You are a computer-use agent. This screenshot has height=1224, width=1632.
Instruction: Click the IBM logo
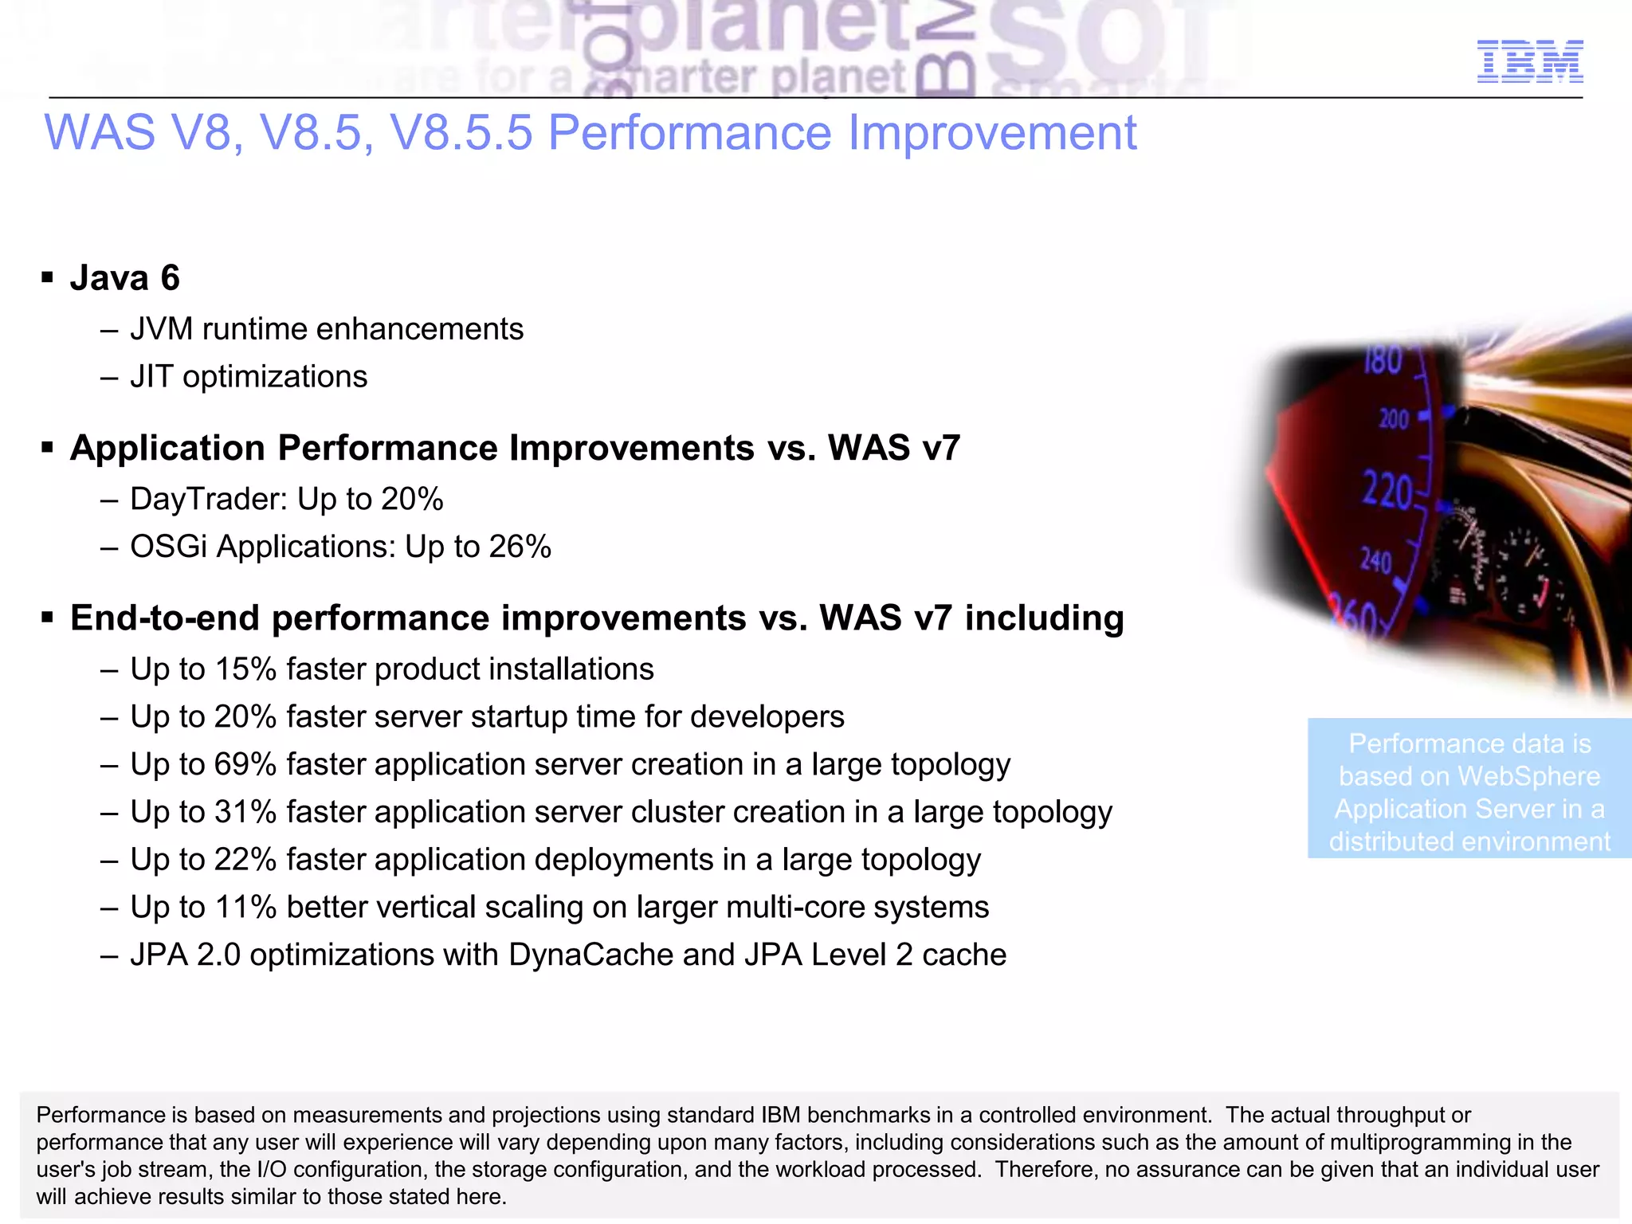pos(1529,61)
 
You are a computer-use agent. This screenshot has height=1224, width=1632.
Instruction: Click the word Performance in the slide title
pos(689,132)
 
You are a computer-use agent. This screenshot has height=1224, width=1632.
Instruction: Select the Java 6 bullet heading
pos(124,278)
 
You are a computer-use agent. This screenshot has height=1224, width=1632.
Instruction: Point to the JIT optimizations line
pos(248,377)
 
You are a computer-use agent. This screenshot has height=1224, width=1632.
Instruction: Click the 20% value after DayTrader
pos(412,500)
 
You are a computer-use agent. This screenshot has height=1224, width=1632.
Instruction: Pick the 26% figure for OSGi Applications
pos(520,547)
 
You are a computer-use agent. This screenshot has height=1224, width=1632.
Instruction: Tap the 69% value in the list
pos(245,765)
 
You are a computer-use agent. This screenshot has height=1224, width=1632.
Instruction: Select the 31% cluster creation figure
pos(245,812)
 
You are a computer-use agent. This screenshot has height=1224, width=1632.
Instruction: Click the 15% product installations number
pos(245,669)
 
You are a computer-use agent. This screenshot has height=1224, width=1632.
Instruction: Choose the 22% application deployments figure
pos(245,860)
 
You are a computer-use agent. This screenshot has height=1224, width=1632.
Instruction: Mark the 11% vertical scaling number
pos(245,908)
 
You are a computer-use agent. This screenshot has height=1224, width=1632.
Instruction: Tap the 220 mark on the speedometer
pos(1387,491)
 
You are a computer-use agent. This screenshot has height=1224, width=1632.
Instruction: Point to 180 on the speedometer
pos(1383,360)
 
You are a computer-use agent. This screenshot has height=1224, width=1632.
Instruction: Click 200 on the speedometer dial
pos(1394,418)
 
